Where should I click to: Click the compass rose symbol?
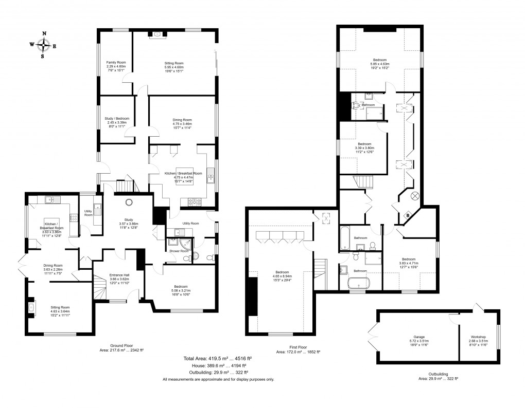43,45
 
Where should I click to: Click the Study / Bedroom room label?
117,119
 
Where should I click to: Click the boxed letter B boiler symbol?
408,215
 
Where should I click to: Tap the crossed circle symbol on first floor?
415,196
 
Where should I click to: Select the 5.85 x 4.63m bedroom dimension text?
380,64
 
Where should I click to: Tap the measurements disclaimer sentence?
218,379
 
